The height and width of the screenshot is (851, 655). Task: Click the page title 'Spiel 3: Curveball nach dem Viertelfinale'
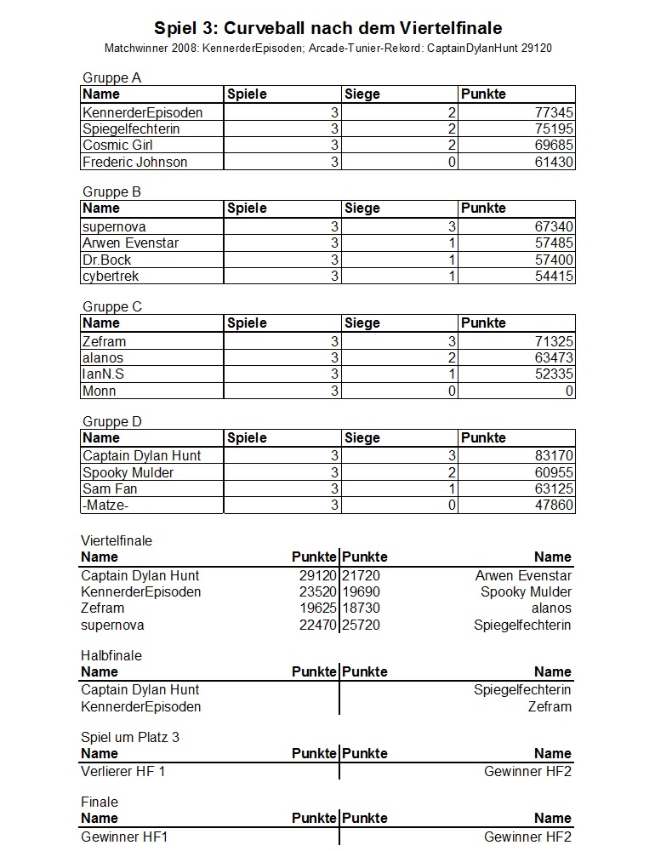[x=327, y=29]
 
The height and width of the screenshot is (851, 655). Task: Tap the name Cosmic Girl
[x=117, y=146]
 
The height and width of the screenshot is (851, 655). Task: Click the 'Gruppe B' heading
[x=111, y=192]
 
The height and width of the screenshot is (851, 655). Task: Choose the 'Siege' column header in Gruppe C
[x=362, y=323]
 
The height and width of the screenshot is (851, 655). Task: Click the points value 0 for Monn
[x=569, y=391]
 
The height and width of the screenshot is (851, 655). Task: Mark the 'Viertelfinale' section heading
[x=117, y=540]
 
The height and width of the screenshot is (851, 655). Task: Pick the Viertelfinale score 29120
[x=319, y=576]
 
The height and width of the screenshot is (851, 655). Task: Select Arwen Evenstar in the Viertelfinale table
[x=523, y=576]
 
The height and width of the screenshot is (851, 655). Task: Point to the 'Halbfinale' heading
[x=111, y=656]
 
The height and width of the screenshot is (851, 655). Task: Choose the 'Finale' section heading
[x=100, y=802]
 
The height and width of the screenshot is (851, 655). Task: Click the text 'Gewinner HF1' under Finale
[x=124, y=837]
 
